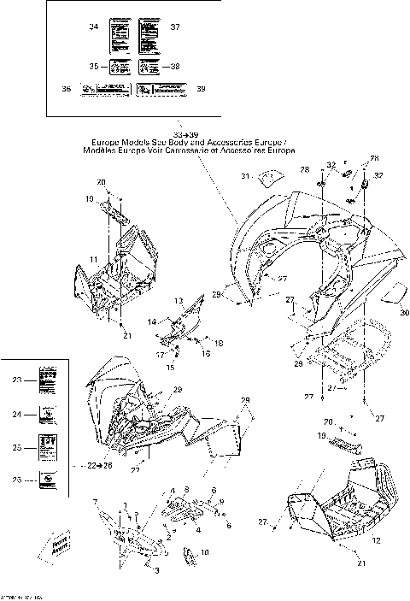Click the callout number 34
94,27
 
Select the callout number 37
175,27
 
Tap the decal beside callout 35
117,66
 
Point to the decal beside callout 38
148,66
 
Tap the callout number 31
243,177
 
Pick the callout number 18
219,343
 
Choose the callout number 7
96,500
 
